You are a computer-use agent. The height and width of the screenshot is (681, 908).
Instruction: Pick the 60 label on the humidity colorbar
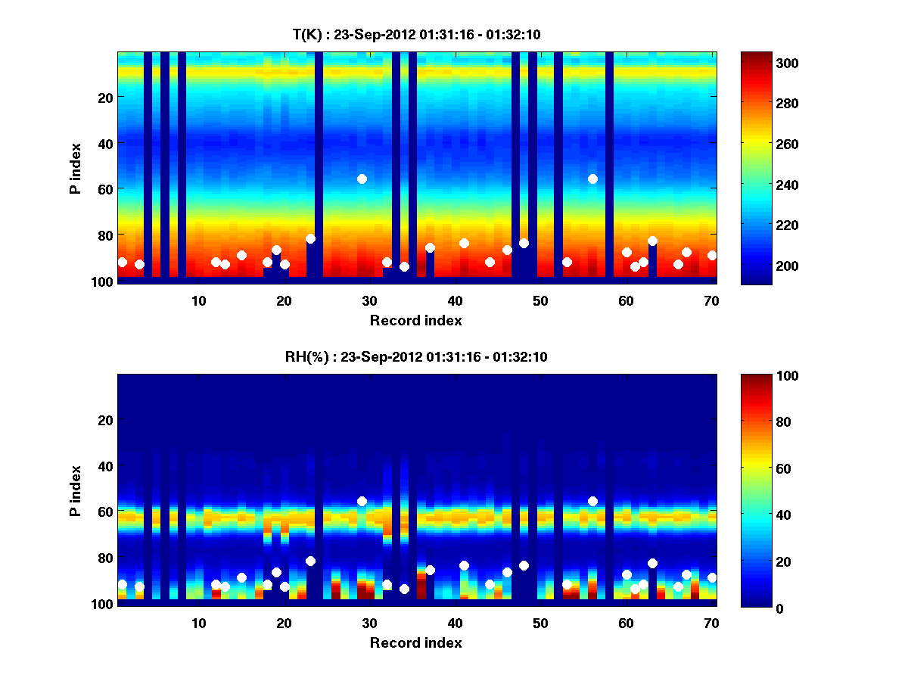[x=759, y=469]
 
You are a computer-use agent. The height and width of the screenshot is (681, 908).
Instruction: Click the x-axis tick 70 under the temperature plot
[x=711, y=300]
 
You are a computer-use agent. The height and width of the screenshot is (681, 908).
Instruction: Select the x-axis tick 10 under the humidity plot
[x=198, y=623]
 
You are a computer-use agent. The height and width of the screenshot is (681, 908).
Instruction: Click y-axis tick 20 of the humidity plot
[x=105, y=420]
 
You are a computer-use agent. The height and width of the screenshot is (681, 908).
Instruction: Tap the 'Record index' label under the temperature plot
[x=416, y=320]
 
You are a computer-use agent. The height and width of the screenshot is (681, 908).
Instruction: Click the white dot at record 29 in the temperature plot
[x=362, y=179]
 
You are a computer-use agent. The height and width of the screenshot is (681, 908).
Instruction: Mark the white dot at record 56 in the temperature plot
[x=592, y=179]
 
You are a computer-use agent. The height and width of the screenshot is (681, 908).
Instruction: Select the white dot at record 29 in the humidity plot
[x=362, y=501]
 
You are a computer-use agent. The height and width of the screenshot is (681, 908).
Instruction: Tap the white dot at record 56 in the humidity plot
[x=592, y=501]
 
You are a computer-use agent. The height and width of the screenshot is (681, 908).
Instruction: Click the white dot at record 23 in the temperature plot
[x=310, y=238]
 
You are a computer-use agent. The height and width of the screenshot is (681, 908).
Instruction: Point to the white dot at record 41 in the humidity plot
[x=464, y=565]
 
